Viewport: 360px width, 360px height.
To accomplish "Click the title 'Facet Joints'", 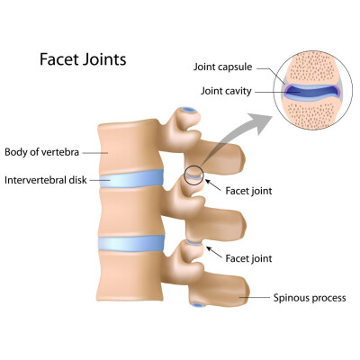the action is click(x=83, y=59).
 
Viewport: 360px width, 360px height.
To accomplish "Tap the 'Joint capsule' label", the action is click(x=222, y=67).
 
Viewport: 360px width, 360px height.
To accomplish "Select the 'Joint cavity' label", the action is click(x=226, y=91).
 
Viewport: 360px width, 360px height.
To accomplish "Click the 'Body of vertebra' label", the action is click(x=42, y=152).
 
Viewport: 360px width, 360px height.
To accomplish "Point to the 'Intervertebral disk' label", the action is click(x=46, y=180).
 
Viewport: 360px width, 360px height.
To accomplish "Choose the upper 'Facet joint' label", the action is click(x=248, y=191).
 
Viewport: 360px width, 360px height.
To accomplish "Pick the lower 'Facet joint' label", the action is click(x=248, y=258).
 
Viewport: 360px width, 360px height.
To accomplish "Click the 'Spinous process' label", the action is click(x=310, y=298).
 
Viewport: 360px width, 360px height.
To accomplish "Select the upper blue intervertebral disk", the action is click(x=131, y=179).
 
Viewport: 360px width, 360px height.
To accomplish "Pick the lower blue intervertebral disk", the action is click(x=131, y=243).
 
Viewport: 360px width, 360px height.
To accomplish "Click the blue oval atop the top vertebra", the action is click(x=189, y=110).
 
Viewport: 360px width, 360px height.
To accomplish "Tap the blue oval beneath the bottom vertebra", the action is click(x=198, y=305).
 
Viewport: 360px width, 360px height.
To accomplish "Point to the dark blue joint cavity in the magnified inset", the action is click(x=311, y=91).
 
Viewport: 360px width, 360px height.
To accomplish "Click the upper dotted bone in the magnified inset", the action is click(x=313, y=68).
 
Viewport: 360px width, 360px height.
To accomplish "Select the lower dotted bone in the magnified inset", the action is click(x=312, y=112).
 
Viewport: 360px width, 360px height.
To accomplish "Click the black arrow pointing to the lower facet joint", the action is click(x=214, y=252).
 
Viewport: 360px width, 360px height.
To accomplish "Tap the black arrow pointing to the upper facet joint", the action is click(x=213, y=185).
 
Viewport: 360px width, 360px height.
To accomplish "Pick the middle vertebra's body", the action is click(x=131, y=211).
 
